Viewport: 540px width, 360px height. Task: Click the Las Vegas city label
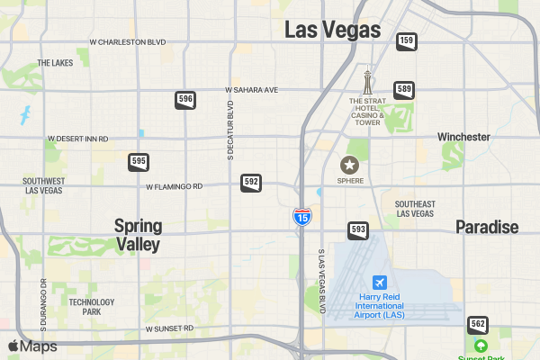332,30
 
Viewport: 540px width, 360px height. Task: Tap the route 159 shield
406,40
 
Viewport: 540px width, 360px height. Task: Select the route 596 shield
185,99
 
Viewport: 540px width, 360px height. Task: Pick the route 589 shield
404,89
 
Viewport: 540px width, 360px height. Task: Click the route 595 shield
139,162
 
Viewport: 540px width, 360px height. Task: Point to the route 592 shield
251,183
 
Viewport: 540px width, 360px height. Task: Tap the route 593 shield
358,229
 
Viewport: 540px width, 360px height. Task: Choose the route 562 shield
478,324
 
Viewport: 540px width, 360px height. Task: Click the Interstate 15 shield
302,217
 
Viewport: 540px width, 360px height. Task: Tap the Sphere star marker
348,165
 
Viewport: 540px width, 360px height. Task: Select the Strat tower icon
367,83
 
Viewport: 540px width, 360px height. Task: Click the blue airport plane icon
379,283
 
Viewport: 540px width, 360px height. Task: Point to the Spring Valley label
138,234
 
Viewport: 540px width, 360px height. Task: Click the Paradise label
486,227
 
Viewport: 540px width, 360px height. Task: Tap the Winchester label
463,137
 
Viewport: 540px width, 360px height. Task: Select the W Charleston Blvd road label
128,42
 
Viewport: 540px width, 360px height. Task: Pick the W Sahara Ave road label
252,90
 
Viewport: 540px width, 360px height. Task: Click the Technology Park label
92,307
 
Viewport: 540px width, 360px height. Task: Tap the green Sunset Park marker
481,346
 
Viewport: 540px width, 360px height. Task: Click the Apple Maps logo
32,346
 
